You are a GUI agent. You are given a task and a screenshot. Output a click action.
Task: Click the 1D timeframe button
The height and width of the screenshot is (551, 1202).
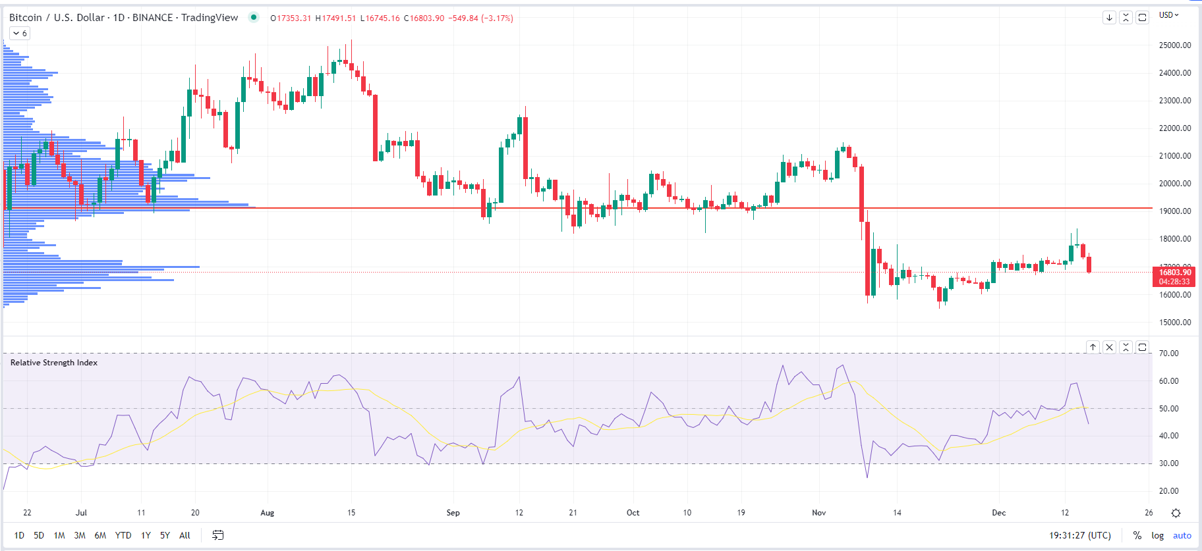(x=19, y=535)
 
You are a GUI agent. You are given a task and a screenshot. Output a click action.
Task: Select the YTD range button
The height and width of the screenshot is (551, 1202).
(x=123, y=535)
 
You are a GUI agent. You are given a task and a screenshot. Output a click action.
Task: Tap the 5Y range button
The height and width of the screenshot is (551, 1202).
(x=165, y=535)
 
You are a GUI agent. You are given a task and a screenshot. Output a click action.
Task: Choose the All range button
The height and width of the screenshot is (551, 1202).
(x=185, y=535)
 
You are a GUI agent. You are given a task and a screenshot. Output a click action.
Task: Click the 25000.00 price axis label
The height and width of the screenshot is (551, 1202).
(x=1174, y=45)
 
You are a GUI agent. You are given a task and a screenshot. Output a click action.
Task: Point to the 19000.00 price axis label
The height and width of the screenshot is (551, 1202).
(x=1174, y=211)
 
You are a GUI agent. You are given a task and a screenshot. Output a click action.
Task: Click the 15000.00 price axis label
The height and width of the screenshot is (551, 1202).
(x=1174, y=323)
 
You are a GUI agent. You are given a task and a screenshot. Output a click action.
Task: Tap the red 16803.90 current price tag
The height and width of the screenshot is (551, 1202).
(x=1174, y=273)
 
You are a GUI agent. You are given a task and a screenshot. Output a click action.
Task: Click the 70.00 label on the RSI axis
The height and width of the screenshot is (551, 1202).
(x=1168, y=354)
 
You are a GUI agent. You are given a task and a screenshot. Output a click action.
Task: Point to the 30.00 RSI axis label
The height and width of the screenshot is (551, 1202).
(x=1168, y=463)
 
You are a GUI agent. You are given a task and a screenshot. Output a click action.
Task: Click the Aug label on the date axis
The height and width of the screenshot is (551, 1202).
(x=267, y=513)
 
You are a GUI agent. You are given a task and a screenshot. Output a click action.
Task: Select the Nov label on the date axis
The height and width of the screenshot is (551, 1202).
(x=818, y=513)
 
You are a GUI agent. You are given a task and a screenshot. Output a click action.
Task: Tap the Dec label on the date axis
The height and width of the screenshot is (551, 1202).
(x=999, y=513)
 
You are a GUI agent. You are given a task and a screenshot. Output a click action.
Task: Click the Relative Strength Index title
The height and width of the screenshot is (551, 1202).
(x=54, y=363)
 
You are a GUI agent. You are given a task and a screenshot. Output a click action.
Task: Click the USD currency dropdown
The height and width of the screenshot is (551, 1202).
(x=1168, y=15)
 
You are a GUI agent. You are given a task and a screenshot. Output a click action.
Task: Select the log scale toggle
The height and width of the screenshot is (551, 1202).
(x=1157, y=535)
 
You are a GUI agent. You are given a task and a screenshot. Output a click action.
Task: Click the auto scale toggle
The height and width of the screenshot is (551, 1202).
(x=1182, y=535)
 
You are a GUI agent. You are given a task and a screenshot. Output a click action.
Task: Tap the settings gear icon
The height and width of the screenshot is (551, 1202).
(x=1176, y=513)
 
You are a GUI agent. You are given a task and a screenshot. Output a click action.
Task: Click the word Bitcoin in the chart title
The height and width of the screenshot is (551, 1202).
(x=25, y=18)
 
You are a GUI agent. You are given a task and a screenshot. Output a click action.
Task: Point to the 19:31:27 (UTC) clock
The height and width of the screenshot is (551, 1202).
(x=1079, y=535)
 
